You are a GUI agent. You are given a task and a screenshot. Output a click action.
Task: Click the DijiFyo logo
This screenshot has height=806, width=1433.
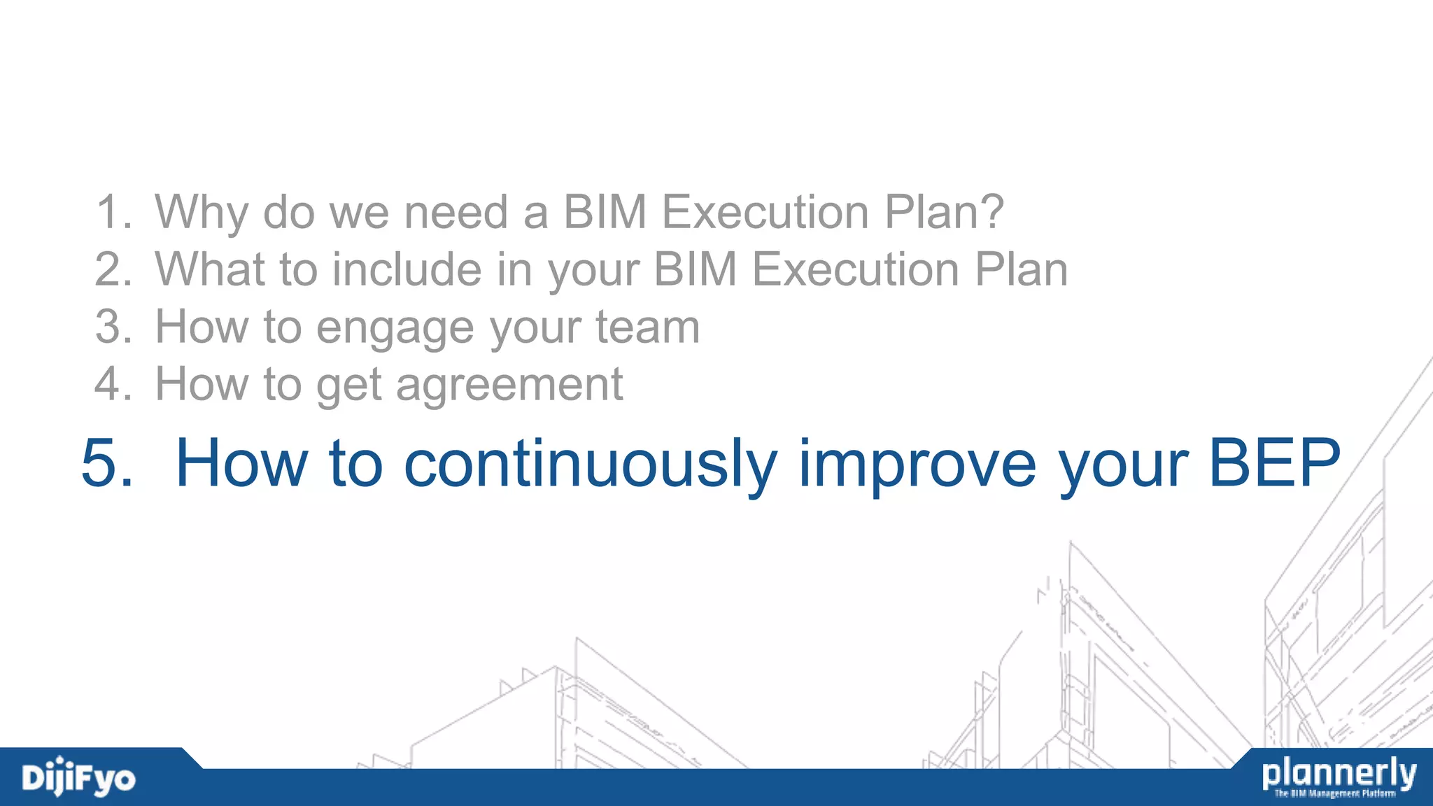click(78, 777)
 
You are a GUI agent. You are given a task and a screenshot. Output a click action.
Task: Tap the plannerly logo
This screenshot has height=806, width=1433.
click(1339, 773)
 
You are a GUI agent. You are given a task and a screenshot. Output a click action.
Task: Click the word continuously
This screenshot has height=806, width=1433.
click(591, 464)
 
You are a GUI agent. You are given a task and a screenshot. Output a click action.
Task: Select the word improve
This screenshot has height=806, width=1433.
click(917, 464)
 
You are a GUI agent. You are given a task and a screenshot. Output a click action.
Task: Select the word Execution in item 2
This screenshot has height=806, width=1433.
click(855, 269)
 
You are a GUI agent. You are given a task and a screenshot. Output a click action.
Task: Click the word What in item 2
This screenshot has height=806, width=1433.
click(209, 269)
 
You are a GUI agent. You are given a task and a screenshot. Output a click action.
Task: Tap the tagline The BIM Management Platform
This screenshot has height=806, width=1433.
click(1334, 793)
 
